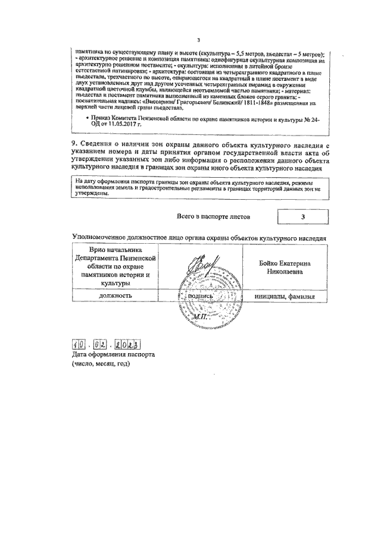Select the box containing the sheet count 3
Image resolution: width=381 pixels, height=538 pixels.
pos(302,217)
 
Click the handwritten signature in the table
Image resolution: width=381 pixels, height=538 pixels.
pos(202,266)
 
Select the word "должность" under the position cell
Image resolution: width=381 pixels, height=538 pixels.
pos(116,295)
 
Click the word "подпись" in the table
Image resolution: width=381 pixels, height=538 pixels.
pos(202,295)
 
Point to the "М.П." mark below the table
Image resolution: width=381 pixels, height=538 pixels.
pos(202,317)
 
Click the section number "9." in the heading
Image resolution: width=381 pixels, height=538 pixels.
pos(75,146)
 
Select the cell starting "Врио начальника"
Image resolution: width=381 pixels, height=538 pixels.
pos(116,267)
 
